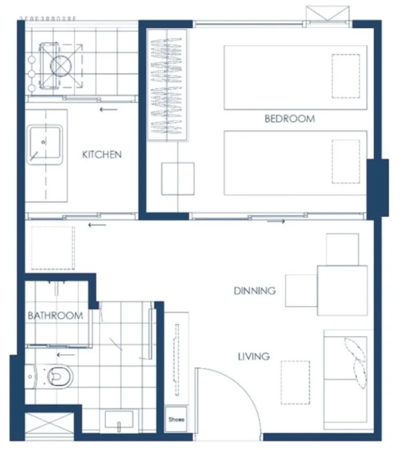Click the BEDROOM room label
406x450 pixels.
290,118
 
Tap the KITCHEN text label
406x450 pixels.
102,154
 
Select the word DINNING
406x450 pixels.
255,290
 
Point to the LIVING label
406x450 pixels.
254,356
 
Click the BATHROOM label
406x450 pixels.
56,315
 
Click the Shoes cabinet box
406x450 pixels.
176,419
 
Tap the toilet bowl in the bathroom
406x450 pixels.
60,376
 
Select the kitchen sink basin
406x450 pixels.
45,144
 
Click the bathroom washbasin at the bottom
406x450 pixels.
119,419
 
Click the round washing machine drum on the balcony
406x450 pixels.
61,65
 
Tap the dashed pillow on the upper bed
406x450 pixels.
345,76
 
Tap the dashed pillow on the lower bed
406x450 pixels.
345,161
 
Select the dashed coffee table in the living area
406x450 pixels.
295,382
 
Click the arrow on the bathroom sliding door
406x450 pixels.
66,355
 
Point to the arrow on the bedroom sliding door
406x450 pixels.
276,221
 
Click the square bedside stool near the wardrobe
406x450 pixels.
178,179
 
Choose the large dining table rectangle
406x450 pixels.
342,290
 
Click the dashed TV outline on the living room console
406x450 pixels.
177,360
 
